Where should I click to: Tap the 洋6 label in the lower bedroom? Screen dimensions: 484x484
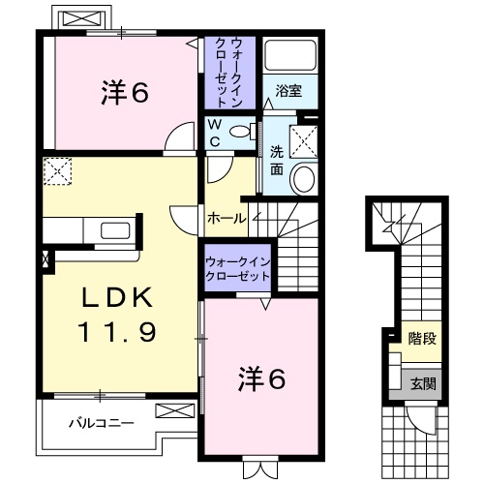tap(261, 380)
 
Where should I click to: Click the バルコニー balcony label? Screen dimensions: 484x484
tap(101, 423)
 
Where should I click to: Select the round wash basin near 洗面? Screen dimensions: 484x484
tap(304, 178)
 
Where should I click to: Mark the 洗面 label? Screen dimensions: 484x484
tap(278, 160)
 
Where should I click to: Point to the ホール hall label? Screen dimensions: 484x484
tap(227, 219)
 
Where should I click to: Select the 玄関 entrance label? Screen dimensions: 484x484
tap(423, 381)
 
